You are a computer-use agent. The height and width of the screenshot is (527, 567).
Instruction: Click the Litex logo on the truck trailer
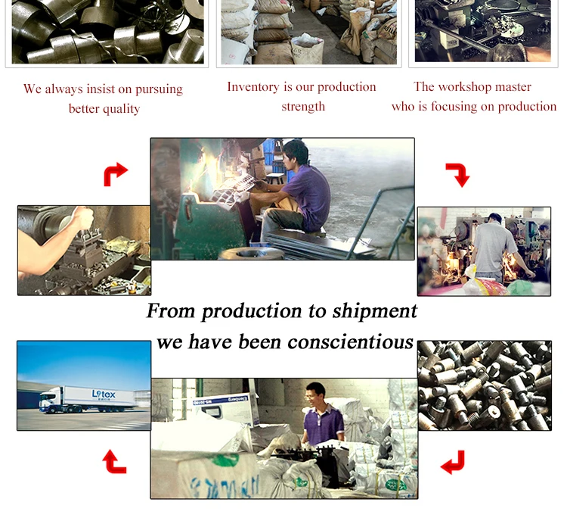pyautogui.click(x=104, y=394)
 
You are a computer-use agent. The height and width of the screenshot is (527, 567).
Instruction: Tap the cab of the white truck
pyautogui.click(x=51, y=400)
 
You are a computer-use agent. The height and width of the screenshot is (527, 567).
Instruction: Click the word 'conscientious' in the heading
pyautogui.click(x=350, y=341)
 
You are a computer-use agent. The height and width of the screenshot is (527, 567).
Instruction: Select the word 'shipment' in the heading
pyautogui.click(x=375, y=311)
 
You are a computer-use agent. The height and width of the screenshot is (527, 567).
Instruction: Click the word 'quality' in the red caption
pyautogui.click(x=122, y=109)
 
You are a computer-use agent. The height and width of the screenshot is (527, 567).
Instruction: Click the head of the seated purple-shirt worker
pyautogui.click(x=295, y=153)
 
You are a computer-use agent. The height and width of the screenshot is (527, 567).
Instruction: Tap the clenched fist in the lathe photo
pyautogui.click(x=83, y=217)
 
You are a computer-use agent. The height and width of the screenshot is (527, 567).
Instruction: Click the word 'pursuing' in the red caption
pyautogui.click(x=159, y=89)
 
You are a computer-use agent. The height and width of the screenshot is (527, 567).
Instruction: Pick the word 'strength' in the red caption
pyautogui.click(x=303, y=107)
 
